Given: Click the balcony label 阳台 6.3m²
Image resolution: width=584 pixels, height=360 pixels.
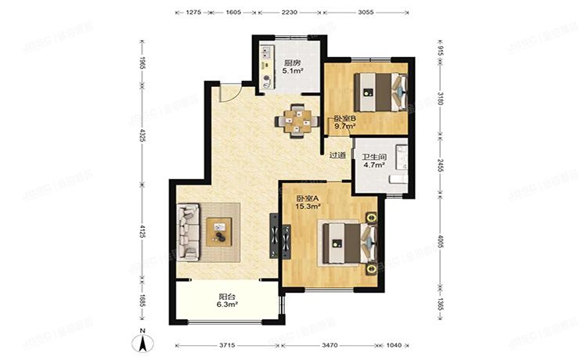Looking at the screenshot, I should click(x=227, y=301).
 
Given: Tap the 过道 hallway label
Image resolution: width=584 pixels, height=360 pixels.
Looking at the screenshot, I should click(x=337, y=155).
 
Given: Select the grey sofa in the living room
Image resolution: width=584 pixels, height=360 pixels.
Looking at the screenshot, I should click(x=189, y=232).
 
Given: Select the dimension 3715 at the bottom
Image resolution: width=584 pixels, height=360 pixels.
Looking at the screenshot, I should click(x=226, y=344).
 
